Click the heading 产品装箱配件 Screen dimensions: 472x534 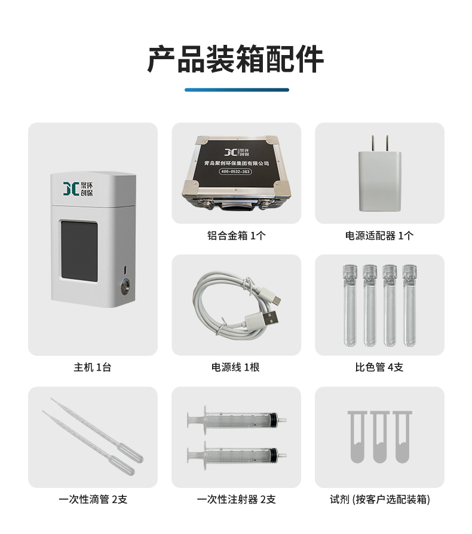(235, 59)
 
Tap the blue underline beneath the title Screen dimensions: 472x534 (237, 90)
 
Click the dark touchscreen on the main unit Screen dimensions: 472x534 (79, 251)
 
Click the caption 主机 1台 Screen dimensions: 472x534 (93, 367)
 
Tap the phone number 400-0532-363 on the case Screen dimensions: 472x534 (235, 171)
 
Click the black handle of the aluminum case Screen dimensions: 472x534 (235, 206)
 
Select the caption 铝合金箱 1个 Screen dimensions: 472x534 (236, 236)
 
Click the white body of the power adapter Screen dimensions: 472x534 (379, 182)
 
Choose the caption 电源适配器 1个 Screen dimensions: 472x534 (379, 236)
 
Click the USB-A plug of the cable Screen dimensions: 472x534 (265, 319)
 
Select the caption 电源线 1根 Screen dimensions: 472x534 (235, 367)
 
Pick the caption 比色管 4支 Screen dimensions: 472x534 (379, 367)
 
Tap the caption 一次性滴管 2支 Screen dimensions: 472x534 (93, 499)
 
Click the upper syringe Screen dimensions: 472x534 (237, 420)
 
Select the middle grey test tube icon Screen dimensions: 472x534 (380, 437)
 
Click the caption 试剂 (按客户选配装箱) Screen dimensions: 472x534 (380, 499)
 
